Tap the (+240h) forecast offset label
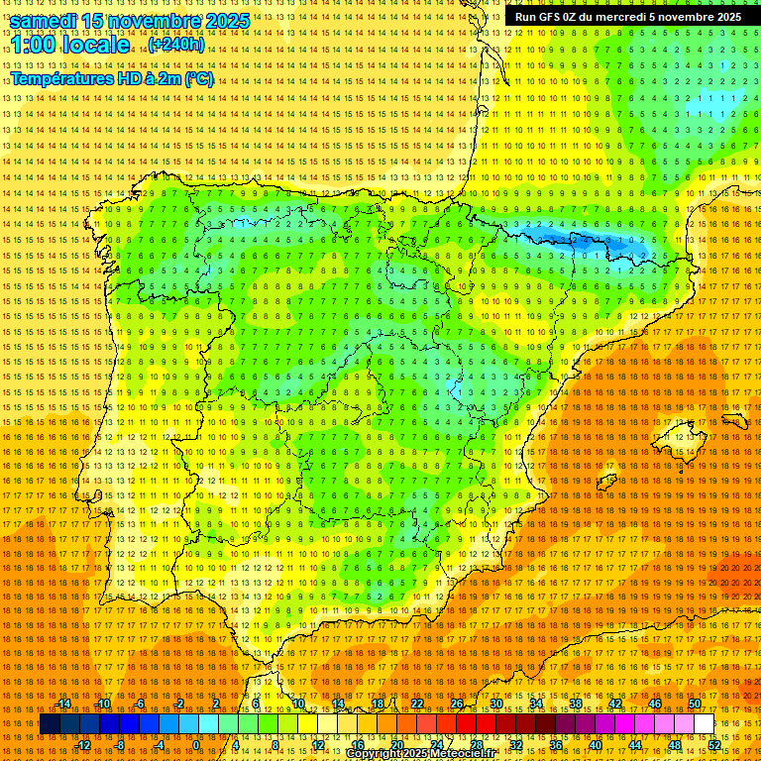tap(175, 45)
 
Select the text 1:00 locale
tap(70, 46)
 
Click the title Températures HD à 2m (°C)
tap(111, 79)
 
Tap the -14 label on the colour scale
tap(63, 704)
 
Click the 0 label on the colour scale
tap(196, 745)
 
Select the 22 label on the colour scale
tap(416, 704)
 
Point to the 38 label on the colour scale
tap(575, 704)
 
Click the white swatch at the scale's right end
tap(704, 724)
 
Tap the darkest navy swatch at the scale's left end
tap(50, 724)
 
